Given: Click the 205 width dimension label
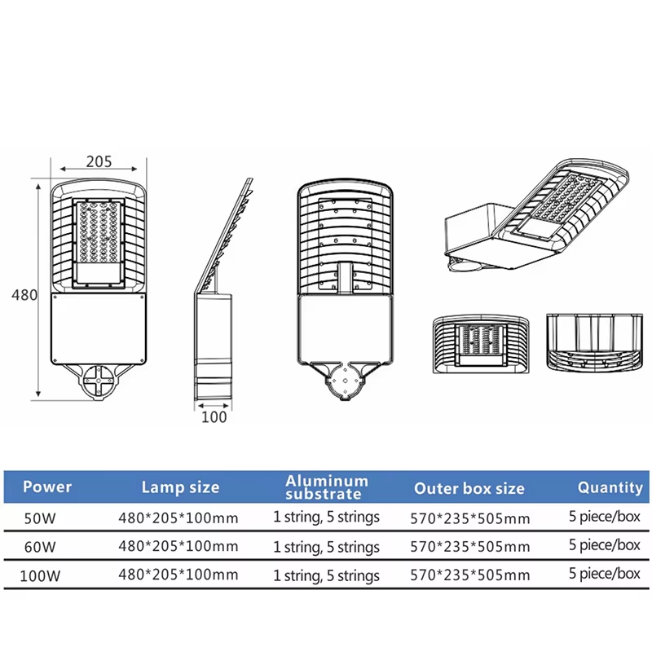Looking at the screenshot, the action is [99, 161].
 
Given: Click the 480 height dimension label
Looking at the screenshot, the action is [24, 295].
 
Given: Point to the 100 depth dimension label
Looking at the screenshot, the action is [214, 417].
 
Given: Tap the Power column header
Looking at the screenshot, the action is [47, 487].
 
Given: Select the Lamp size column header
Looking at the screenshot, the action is [180, 487].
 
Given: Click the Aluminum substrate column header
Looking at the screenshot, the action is [327, 487].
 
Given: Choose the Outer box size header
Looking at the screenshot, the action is [469, 488].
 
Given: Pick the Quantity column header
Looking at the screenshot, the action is [610, 487].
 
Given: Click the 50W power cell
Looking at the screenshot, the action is [40, 518].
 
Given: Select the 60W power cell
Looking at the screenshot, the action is [40, 547].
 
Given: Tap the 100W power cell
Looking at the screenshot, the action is [40, 576].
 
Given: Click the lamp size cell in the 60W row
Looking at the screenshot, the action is [178, 546].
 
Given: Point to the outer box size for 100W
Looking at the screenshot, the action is [470, 575].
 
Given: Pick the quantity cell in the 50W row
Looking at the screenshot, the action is [605, 517].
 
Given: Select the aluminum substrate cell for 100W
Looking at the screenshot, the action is [327, 575].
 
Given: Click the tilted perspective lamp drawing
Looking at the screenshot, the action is [536, 214].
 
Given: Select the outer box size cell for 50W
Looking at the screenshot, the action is [470, 518].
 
